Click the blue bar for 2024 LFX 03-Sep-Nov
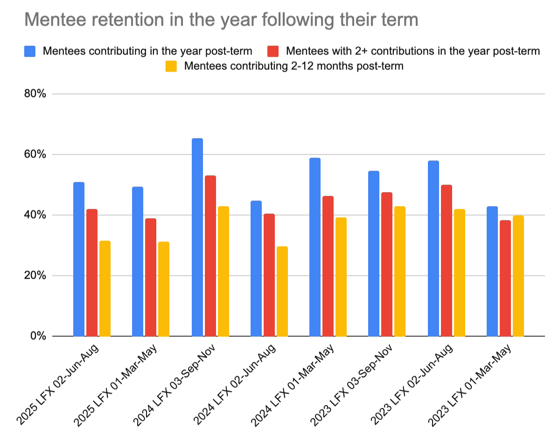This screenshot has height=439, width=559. pyautogui.click(x=197, y=237)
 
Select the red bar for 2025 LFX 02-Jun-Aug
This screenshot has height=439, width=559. pyautogui.click(x=92, y=273)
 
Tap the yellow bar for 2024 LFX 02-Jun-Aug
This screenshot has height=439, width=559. pyautogui.click(x=282, y=291)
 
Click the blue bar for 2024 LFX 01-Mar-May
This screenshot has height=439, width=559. pyautogui.click(x=315, y=247)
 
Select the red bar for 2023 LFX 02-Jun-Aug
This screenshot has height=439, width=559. pyautogui.click(x=446, y=261)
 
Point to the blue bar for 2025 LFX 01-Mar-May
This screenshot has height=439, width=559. pyautogui.click(x=138, y=261)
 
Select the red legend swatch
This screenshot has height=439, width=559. pyautogui.click(x=273, y=51)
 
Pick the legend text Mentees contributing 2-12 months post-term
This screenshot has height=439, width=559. pyautogui.click(x=293, y=66)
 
